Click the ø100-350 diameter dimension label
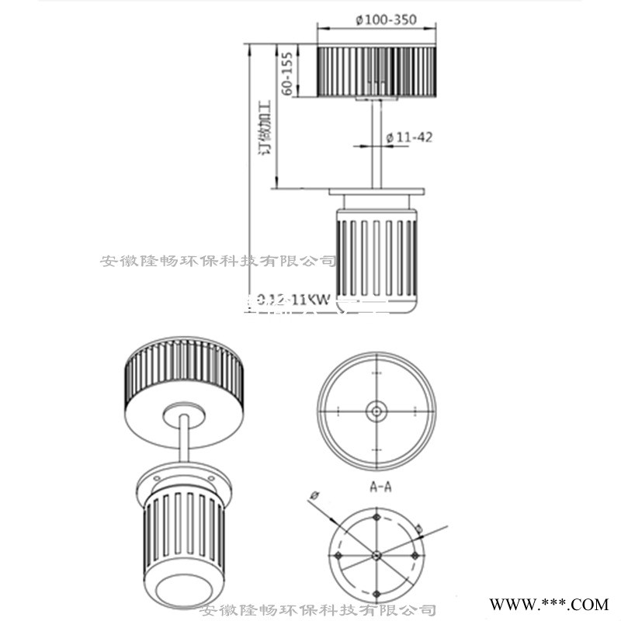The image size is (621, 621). (x=376, y=20)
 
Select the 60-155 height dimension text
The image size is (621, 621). (x=286, y=71)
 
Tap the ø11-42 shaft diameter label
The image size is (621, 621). (x=409, y=137)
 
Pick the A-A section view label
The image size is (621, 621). (x=380, y=487)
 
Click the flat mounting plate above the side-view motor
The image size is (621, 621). (x=376, y=191)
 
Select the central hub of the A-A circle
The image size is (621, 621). (x=376, y=411)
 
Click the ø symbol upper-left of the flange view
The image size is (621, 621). (x=314, y=494)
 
